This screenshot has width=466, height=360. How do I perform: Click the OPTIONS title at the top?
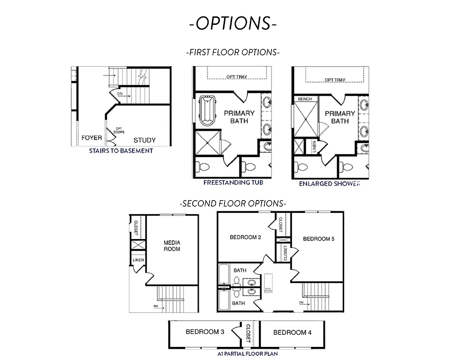point(233,23)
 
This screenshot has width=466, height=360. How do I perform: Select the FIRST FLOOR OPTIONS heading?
point(233,52)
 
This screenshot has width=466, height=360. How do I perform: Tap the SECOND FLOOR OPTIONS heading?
point(233,203)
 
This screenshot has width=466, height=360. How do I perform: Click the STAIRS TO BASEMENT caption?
point(121,151)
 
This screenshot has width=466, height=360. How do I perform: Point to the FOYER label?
point(92,138)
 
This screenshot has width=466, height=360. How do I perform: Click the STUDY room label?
point(144,140)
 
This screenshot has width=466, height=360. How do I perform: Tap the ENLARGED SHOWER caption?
point(330,184)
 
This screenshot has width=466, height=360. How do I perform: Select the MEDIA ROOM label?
point(172,246)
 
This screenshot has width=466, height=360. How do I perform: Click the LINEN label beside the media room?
point(138,260)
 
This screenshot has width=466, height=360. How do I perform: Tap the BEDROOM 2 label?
point(245,237)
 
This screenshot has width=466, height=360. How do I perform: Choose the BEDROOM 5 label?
point(319,239)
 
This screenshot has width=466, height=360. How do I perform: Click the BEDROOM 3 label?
point(205,332)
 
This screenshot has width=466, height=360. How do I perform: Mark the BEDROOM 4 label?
point(292,332)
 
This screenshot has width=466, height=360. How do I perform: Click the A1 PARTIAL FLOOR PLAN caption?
point(247,353)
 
